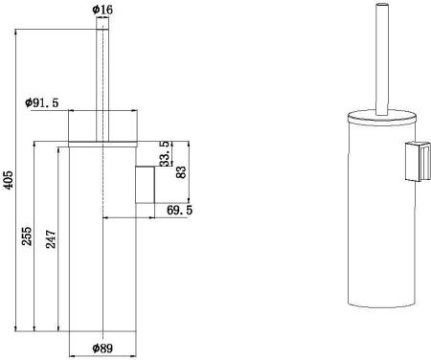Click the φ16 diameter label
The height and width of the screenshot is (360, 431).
102,11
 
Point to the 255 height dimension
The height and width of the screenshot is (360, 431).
28,235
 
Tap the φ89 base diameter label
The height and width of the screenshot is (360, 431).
104,348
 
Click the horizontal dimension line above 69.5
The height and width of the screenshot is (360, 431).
144,217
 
